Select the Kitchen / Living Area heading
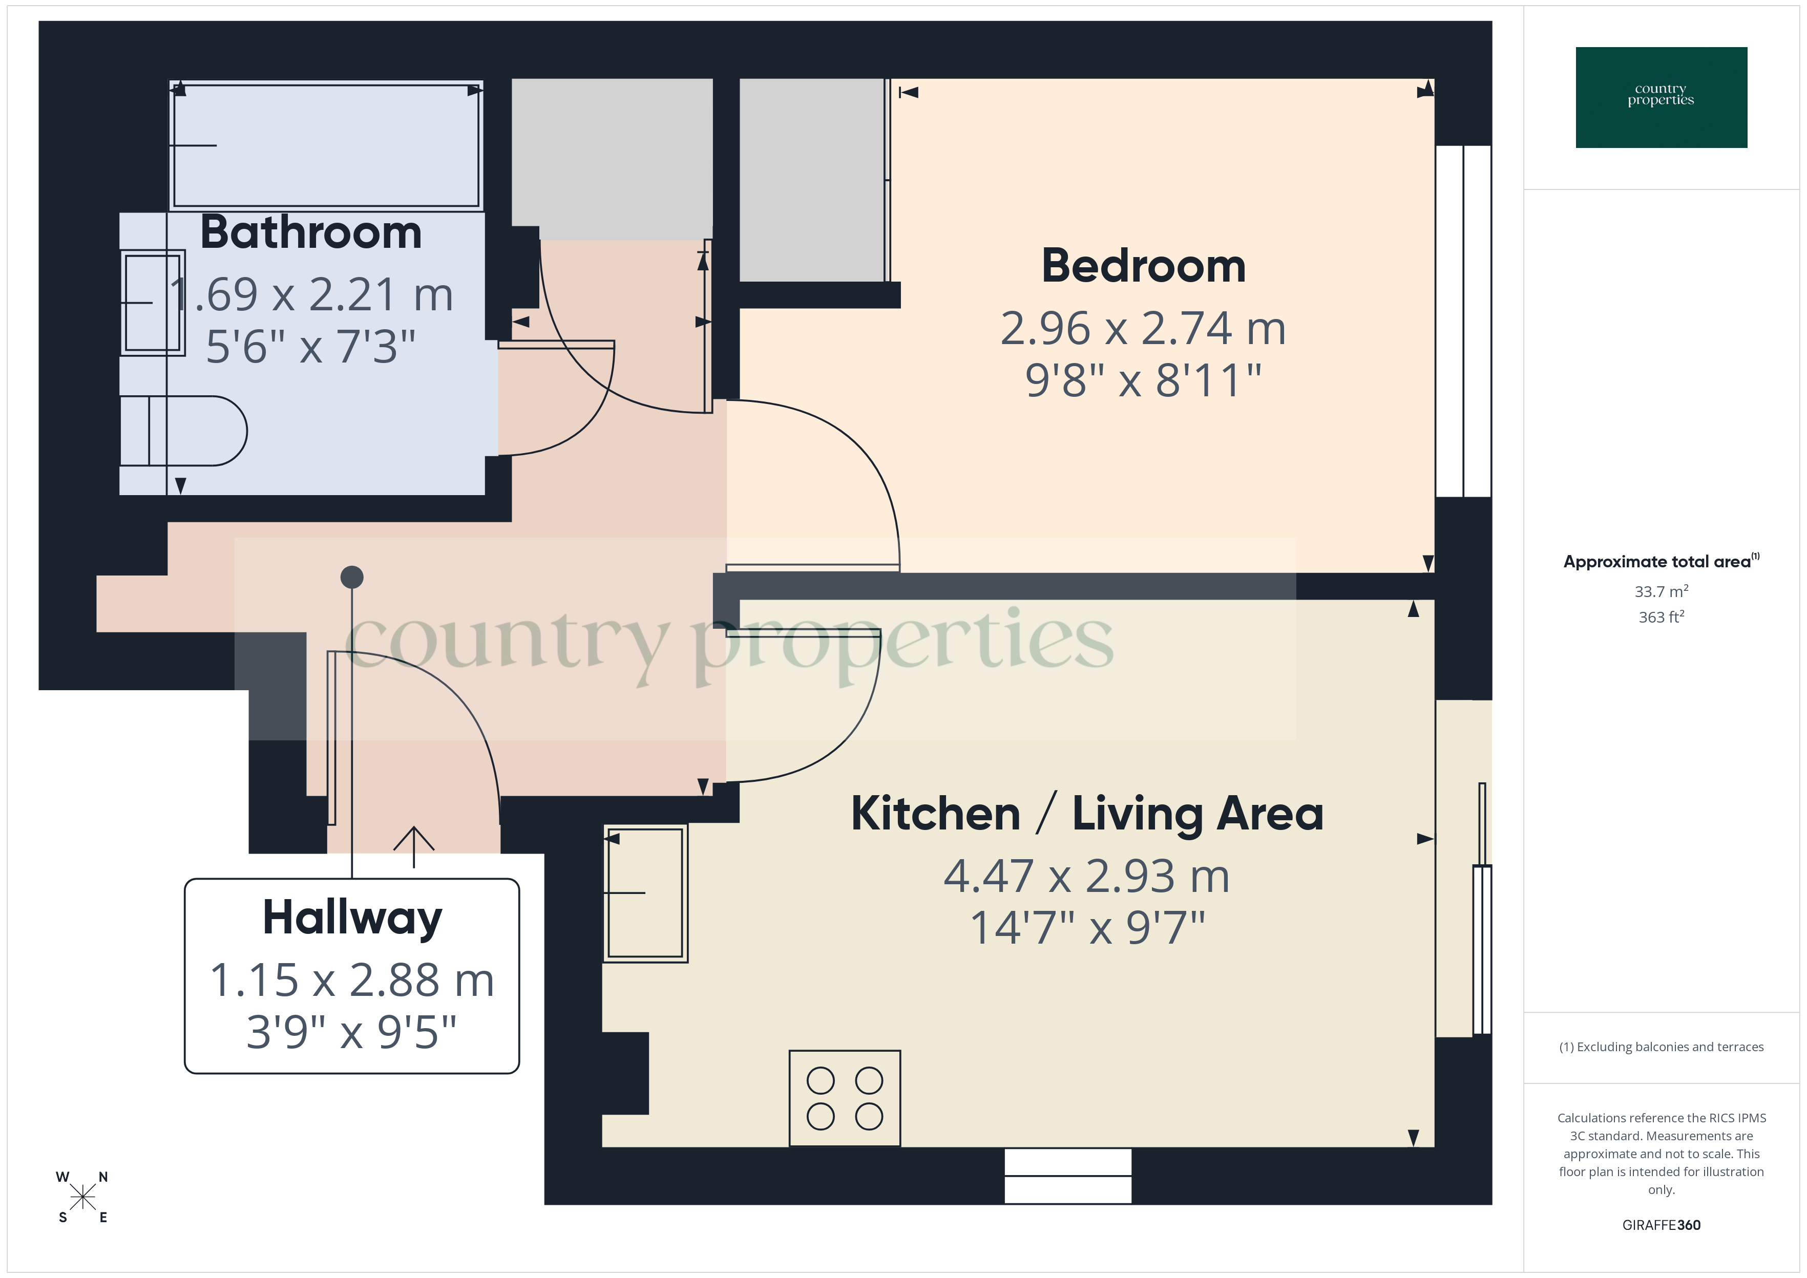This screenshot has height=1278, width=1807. tap(1087, 813)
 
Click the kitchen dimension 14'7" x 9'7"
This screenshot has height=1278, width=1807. tap(1087, 928)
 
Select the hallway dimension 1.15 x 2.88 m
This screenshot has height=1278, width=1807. tap(352, 981)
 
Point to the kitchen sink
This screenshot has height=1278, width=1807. tap(645, 893)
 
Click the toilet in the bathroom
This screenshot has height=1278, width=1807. tap(185, 431)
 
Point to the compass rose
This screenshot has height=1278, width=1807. tap(82, 1198)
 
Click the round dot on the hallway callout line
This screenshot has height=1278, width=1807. tap(352, 578)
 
